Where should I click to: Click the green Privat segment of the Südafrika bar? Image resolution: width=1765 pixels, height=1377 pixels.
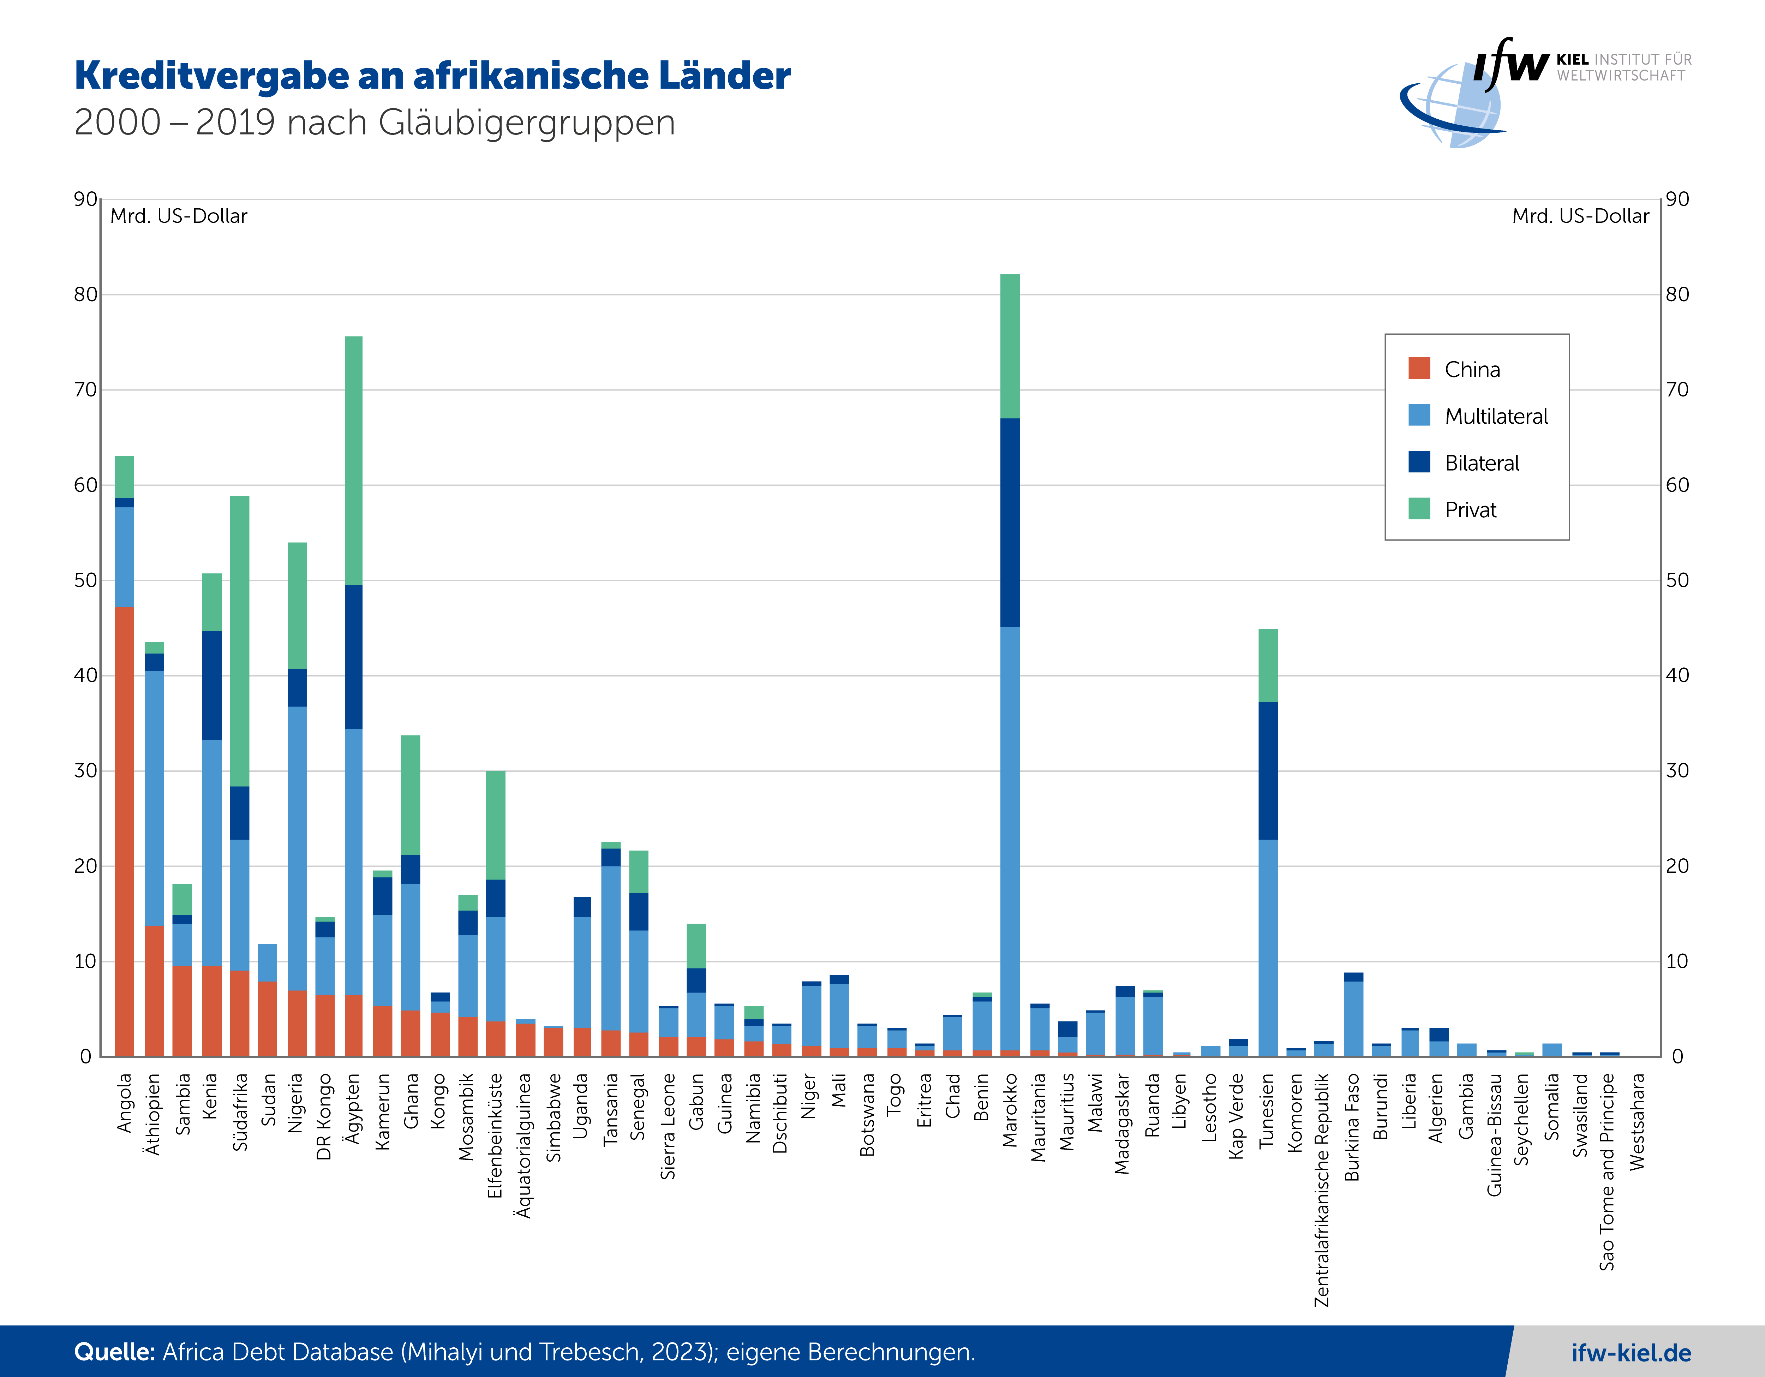240,641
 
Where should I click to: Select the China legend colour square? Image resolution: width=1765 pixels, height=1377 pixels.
1419,369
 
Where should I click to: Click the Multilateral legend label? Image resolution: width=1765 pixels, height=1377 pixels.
1496,416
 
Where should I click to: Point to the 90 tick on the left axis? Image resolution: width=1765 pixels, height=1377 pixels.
85,199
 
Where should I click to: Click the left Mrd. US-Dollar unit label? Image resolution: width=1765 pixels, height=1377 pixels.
179,216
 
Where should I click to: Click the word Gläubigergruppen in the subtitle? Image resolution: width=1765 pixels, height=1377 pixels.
526,123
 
